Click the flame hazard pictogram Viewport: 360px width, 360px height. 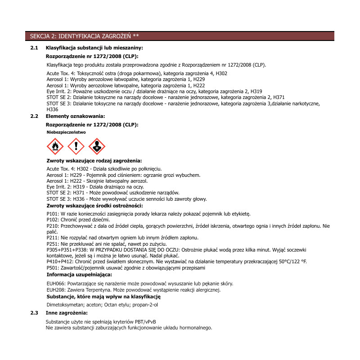[55, 146]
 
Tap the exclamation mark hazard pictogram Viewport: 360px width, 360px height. [76, 146]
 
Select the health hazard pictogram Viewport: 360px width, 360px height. [97, 146]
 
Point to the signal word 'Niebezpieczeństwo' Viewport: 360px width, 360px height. [66, 132]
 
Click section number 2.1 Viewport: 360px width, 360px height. [34, 48]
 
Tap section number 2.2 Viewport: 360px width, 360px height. [34, 117]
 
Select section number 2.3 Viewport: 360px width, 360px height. [34, 312]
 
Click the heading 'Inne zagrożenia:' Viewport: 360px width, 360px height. [67, 312]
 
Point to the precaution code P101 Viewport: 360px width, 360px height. [53, 214]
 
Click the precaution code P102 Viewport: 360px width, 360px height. [53, 220]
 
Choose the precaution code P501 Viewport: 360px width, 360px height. [53, 268]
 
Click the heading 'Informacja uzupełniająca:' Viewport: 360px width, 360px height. [79, 274]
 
